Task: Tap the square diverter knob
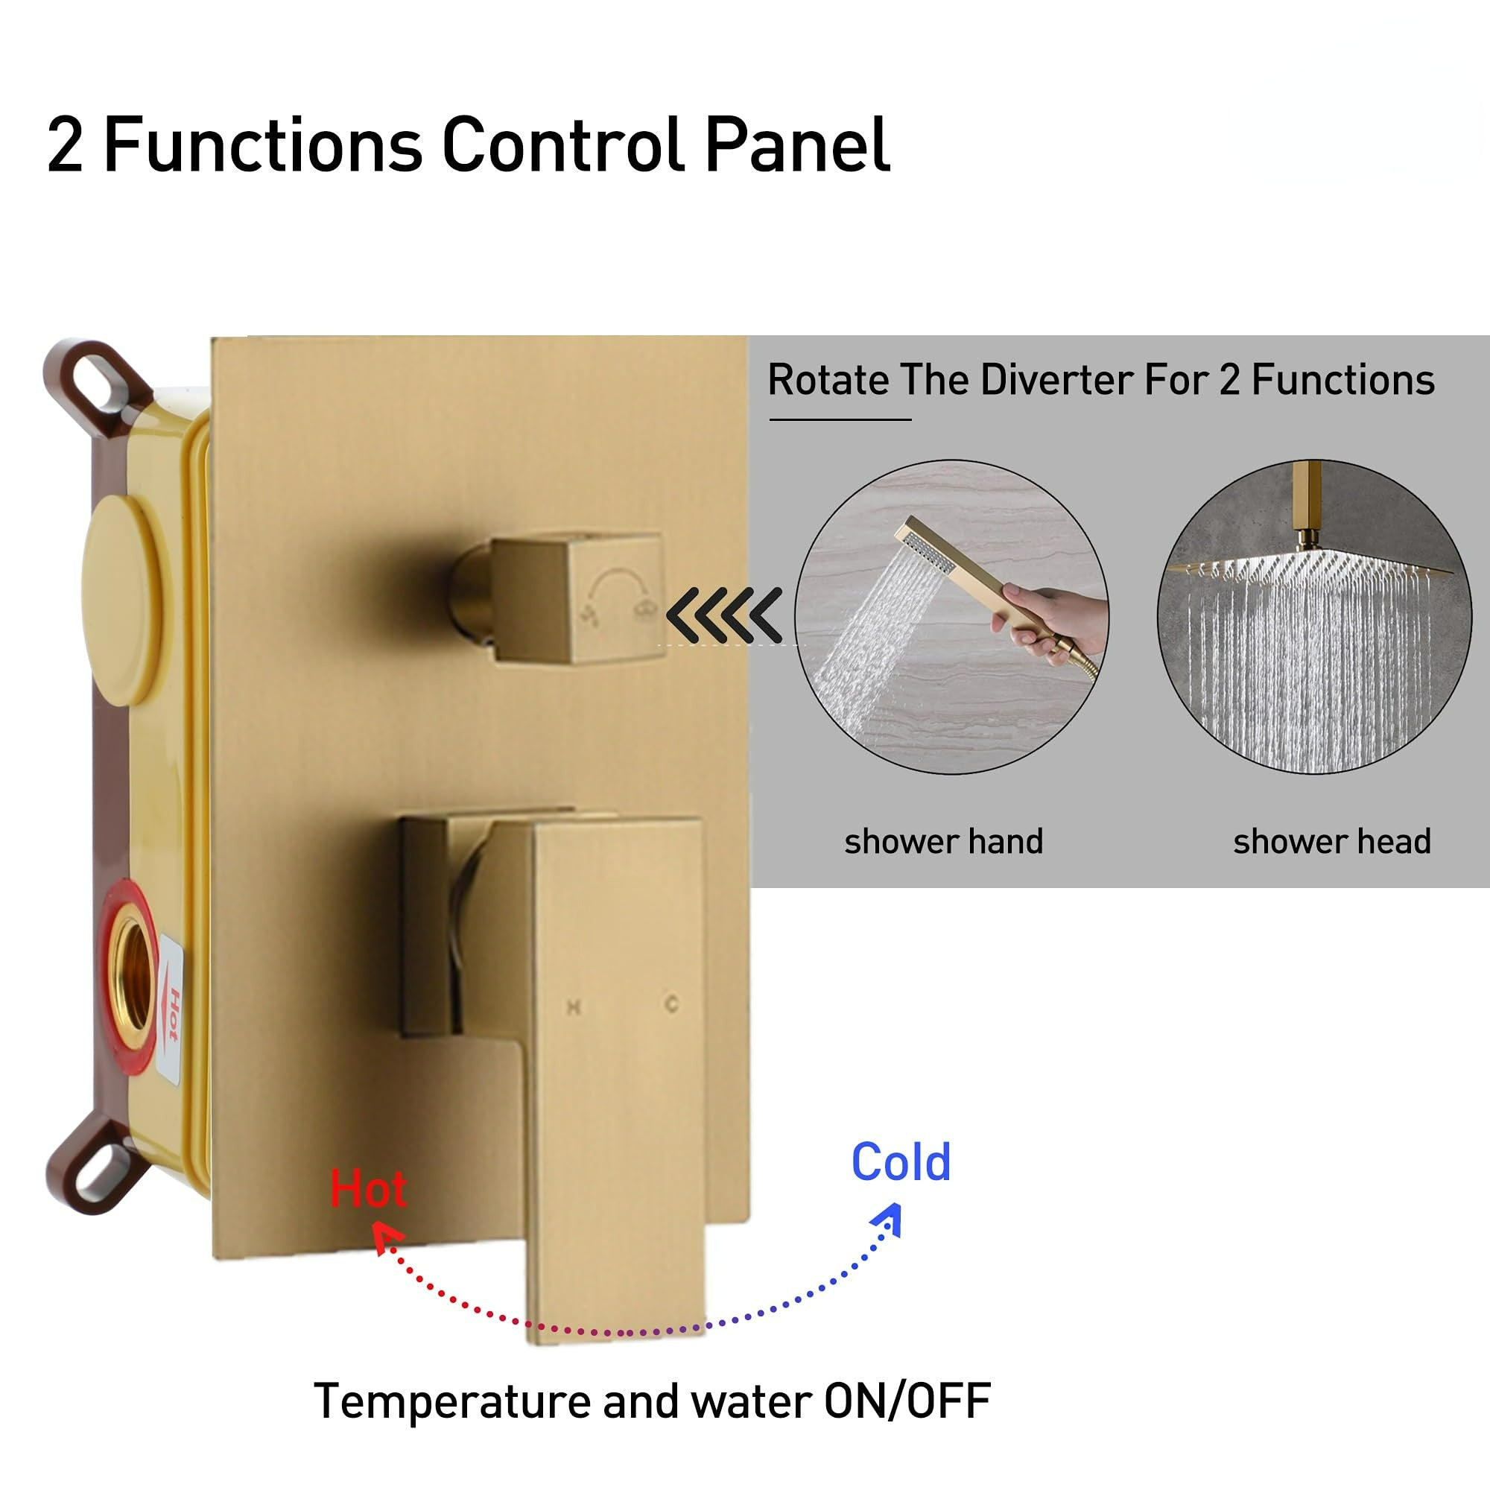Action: [x=577, y=597]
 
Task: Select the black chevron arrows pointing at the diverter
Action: [x=723, y=615]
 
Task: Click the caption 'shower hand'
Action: [x=943, y=840]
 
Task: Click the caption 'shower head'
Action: [x=1332, y=840]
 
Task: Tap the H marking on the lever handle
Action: [x=573, y=1006]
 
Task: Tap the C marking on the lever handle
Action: [x=672, y=1004]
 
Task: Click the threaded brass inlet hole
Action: [x=133, y=976]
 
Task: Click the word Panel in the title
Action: [x=797, y=145]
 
